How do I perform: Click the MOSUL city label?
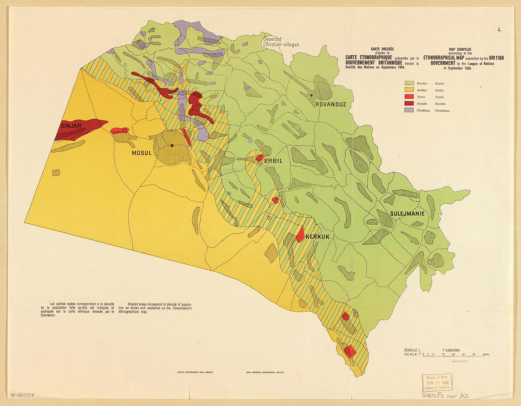coord(141,153)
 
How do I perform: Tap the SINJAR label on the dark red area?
coord(71,126)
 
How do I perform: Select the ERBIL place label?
coord(273,161)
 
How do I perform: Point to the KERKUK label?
coord(317,237)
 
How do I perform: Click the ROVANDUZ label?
coord(331,104)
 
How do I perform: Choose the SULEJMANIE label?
coord(407,214)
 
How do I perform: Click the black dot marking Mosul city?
coord(172,145)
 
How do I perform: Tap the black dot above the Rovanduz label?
coord(311,96)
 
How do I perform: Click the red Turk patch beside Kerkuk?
coord(300,234)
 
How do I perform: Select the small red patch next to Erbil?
coord(259,158)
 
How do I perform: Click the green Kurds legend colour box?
coord(409,83)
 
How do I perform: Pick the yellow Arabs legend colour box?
coord(409,90)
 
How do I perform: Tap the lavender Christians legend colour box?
coord(409,110)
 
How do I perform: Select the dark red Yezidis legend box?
coord(409,103)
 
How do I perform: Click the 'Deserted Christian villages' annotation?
coord(281,42)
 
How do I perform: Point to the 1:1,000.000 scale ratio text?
coord(451,350)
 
